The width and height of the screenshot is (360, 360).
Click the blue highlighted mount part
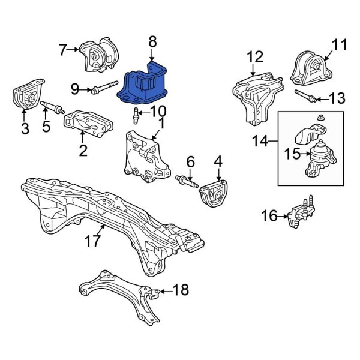click(x=146, y=84)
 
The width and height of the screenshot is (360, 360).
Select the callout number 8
click(x=152, y=41)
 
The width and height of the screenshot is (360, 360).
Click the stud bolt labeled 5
click(x=53, y=109)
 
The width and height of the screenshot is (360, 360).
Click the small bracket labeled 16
click(x=298, y=215)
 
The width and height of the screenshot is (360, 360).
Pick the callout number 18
click(x=180, y=290)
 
